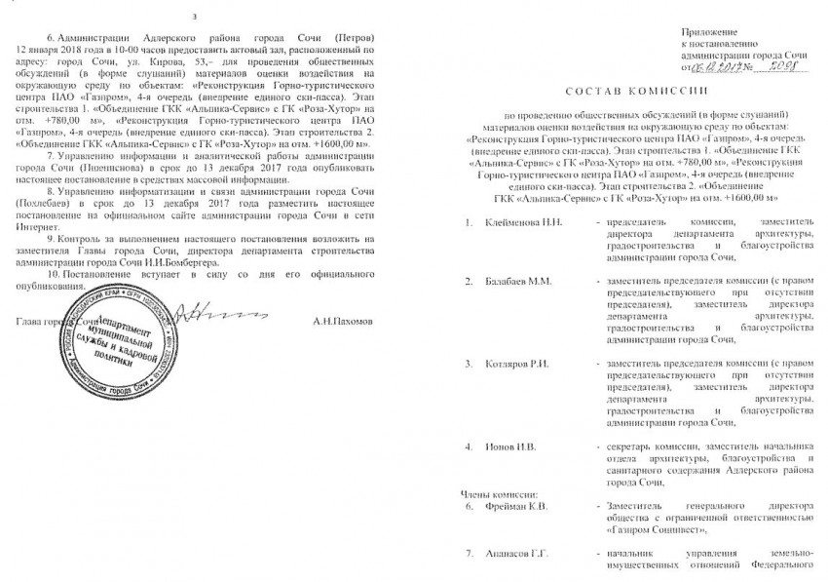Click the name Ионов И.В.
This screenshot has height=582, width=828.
[506, 446]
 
